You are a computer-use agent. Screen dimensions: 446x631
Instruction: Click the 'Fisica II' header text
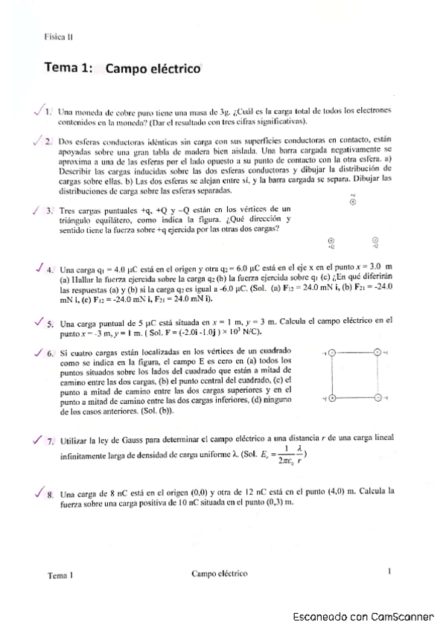[x=58, y=36]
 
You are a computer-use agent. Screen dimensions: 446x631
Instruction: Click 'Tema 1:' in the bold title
[x=69, y=68]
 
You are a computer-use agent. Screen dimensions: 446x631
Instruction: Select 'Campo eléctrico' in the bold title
[x=154, y=69]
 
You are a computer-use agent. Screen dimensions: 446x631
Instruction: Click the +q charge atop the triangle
[x=353, y=202]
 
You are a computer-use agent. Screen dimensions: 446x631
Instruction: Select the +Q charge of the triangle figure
[x=331, y=240]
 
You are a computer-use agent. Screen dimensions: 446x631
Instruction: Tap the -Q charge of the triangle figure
[x=375, y=240]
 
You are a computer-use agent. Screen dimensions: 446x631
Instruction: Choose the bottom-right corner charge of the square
[x=377, y=398]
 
